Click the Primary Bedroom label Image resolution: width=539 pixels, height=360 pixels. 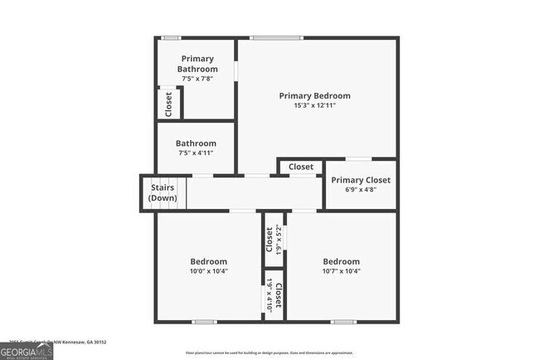314,95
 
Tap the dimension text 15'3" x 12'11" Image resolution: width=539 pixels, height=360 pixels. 314,106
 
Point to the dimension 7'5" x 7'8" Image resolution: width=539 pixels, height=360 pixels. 197,79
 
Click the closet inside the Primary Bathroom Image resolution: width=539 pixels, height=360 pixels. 168,103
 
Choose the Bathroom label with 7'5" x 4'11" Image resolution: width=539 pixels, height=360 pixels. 197,144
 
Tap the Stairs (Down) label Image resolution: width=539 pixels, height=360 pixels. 163,193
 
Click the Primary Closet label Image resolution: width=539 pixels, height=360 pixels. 361,180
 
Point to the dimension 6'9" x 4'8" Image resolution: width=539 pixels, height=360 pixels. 361,191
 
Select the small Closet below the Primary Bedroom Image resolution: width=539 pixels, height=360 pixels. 301,167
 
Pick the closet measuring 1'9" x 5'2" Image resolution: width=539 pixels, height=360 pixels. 274,240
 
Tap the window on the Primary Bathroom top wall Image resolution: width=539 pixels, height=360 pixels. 172,37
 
